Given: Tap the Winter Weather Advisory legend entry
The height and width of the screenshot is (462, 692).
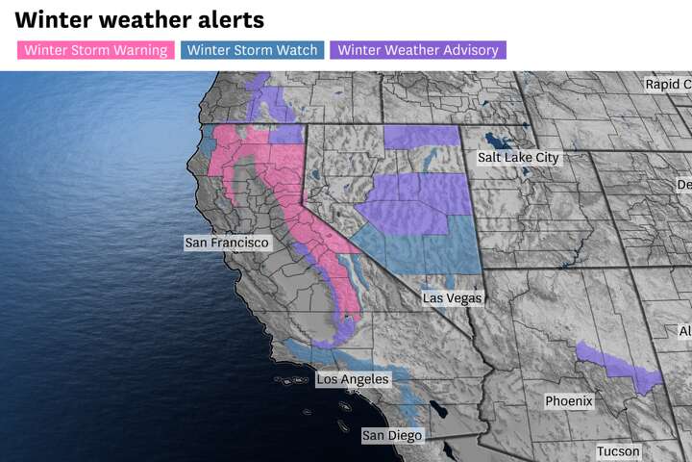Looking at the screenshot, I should tap(417, 50).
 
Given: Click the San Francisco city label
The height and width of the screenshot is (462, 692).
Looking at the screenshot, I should tap(227, 244).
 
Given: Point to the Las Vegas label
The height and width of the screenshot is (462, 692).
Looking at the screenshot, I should tap(452, 298).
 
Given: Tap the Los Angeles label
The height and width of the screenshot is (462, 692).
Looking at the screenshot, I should tap(353, 379).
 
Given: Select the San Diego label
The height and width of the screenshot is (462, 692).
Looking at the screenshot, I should tap(391, 436).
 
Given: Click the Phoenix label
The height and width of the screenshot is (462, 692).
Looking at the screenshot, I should tap(569, 400).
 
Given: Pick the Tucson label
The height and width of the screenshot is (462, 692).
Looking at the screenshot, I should tap(617, 450).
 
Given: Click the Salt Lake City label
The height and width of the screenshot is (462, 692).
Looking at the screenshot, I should tap(518, 157).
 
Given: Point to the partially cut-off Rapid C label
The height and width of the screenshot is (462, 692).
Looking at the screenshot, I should tap(667, 85).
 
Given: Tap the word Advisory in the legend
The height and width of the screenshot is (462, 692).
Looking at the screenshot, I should tap(465, 50).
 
